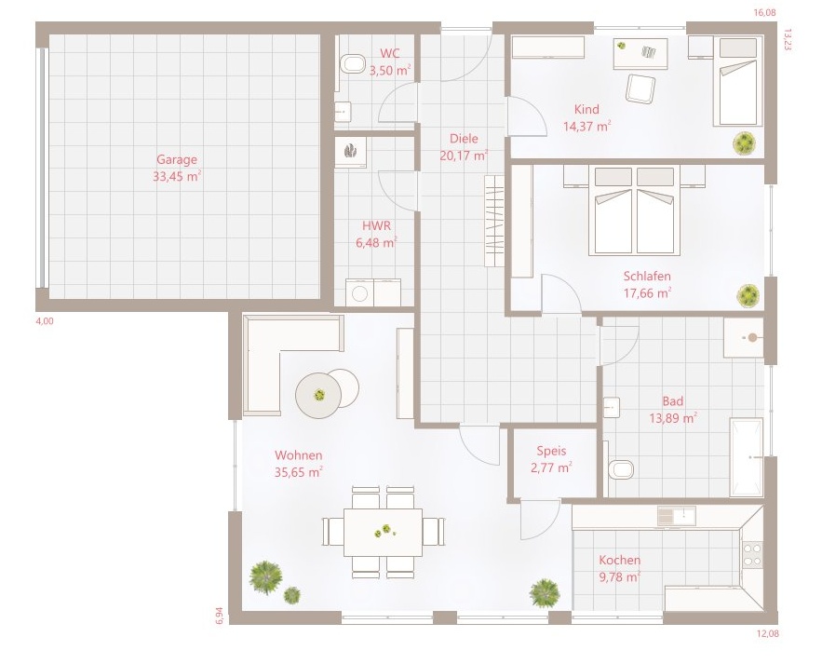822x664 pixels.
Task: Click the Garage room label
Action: [177, 159]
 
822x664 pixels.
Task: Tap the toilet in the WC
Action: [352, 64]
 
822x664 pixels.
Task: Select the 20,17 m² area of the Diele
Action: [465, 156]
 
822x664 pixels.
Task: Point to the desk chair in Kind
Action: [640, 88]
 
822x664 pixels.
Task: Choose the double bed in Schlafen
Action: [634, 210]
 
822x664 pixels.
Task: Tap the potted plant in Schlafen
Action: [748, 296]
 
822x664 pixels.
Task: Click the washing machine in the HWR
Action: [359, 293]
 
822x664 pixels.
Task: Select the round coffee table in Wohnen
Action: [318, 395]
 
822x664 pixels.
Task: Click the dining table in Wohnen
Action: [384, 533]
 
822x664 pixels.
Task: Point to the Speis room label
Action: [551, 451]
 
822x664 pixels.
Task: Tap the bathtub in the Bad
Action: [747, 457]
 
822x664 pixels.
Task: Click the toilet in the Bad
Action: [621, 469]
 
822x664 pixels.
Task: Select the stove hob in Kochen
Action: [753, 555]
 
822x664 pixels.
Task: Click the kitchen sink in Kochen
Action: [677, 516]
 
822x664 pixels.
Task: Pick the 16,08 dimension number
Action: [764, 13]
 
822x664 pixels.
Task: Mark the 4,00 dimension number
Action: [45, 321]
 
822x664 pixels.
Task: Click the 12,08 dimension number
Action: [768, 633]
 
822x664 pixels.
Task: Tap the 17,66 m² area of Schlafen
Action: [647, 292]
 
